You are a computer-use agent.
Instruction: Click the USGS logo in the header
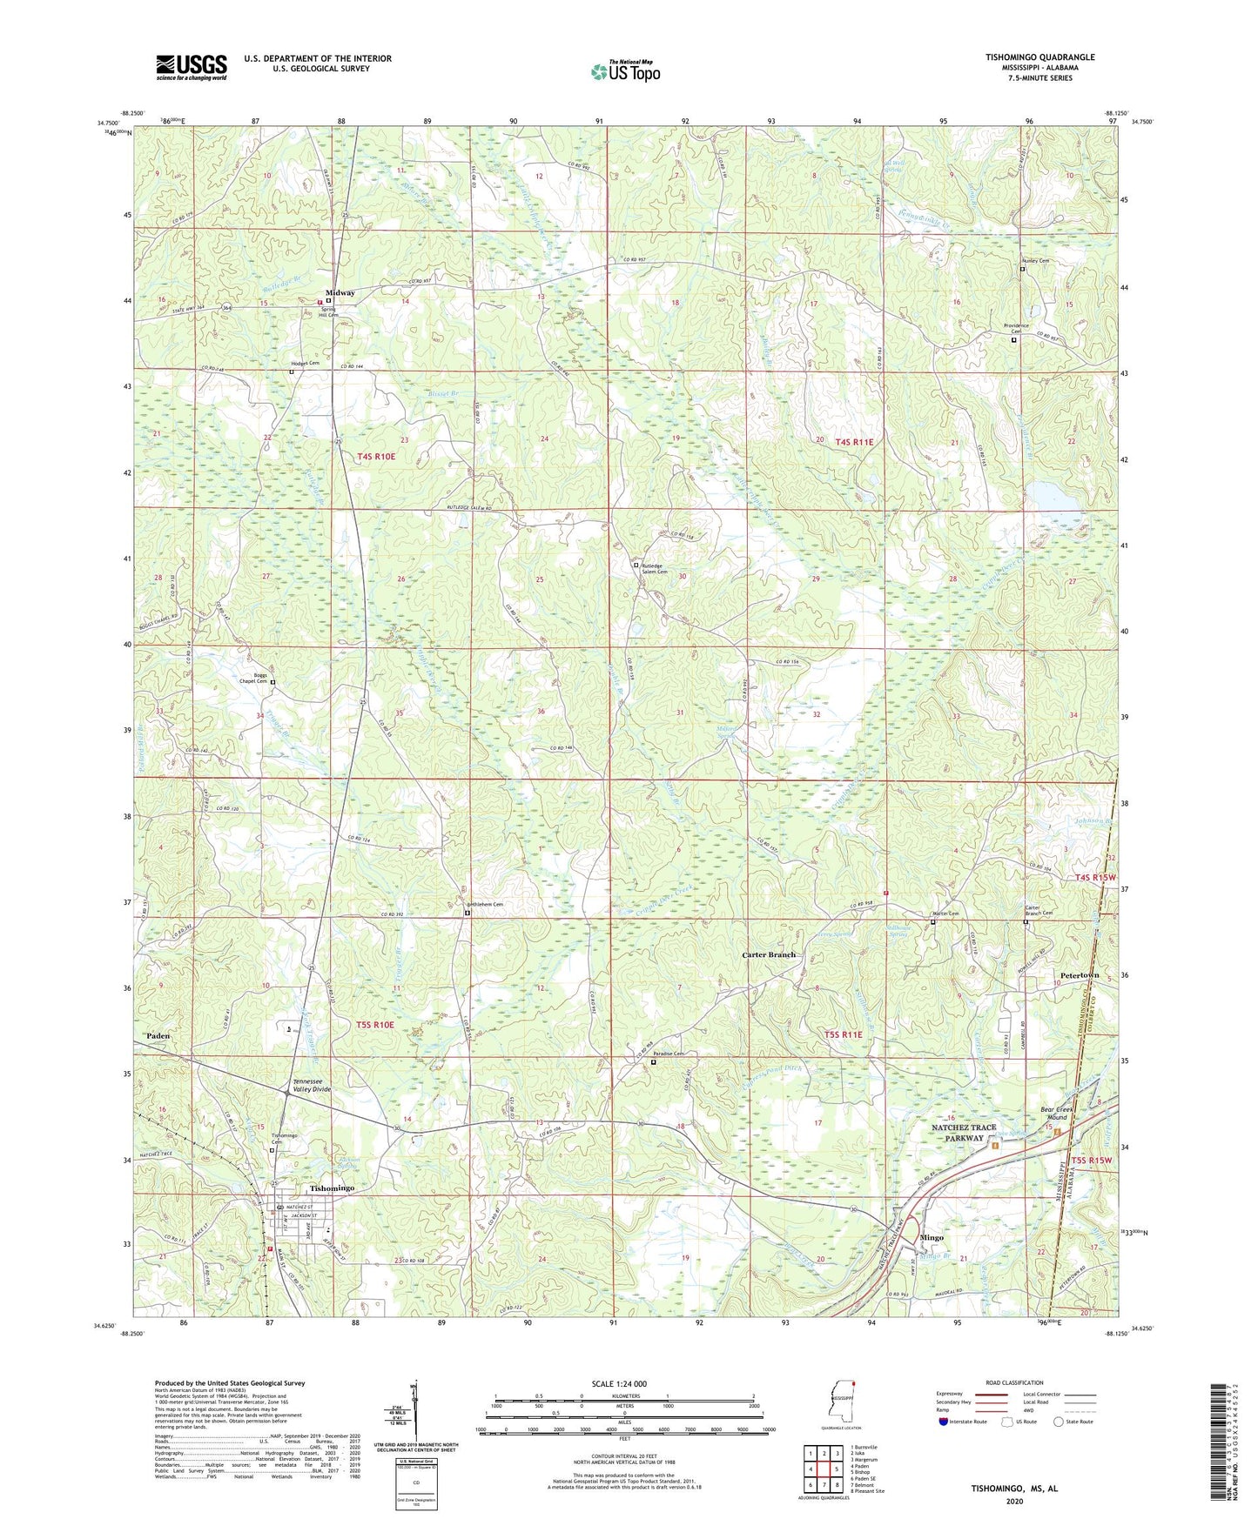pyautogui.click(x=192, y=66)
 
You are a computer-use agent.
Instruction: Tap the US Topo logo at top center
pyautogui.click(x=624, y=71)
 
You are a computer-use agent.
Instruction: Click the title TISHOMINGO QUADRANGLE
pyautogui.click(x=1039, y=57)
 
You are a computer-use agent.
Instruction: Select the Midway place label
pyautogui.click(x=340, y=292)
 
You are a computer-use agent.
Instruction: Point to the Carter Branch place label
pyautogui.click(x=768, y=954)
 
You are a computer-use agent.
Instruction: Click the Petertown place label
pyautogui.click(x=1080, y=975)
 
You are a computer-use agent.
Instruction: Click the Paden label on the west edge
pyautogui.click(x=158, y=1036)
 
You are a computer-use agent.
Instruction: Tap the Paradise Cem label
pyautogui.click(x=669, y=1054)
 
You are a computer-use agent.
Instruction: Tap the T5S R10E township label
pyautogui.click(x=375, y=1025)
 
